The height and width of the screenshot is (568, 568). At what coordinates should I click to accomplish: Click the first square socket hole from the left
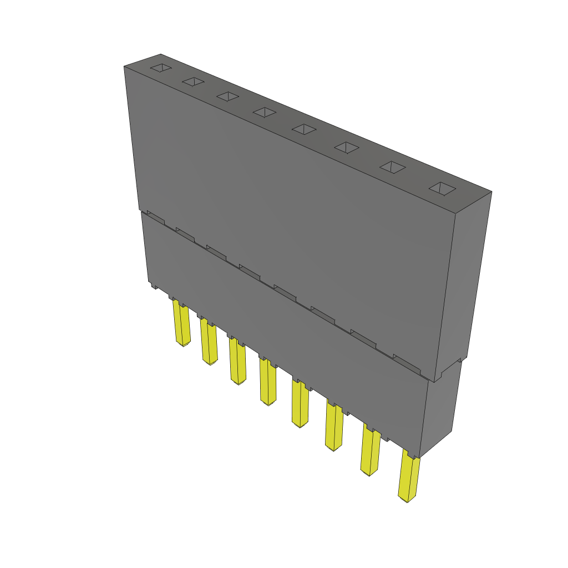coord(161,68)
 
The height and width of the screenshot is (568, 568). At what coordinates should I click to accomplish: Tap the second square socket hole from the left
coord(193,82)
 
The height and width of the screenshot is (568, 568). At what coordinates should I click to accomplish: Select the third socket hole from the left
coord(227,96)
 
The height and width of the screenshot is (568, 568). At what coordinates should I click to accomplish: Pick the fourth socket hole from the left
coord(264,112)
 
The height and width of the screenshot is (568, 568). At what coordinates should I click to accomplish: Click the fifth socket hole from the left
coord(303,129)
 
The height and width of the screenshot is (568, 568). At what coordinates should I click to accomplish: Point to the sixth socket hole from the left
coord(347,147)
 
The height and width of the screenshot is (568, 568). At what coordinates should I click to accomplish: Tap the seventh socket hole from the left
coord(393,167)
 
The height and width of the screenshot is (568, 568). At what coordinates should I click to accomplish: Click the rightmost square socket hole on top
coord(442,189)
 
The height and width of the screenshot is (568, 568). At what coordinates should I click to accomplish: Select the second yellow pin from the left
coord(209,343)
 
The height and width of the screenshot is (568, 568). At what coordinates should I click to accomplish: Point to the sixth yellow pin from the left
coord(334,427)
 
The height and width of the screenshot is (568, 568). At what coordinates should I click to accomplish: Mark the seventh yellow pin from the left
coord(370,452)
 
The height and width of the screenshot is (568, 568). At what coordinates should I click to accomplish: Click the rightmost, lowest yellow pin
coord(409,478)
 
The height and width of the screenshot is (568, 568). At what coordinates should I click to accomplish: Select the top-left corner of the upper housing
coord(124,67)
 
